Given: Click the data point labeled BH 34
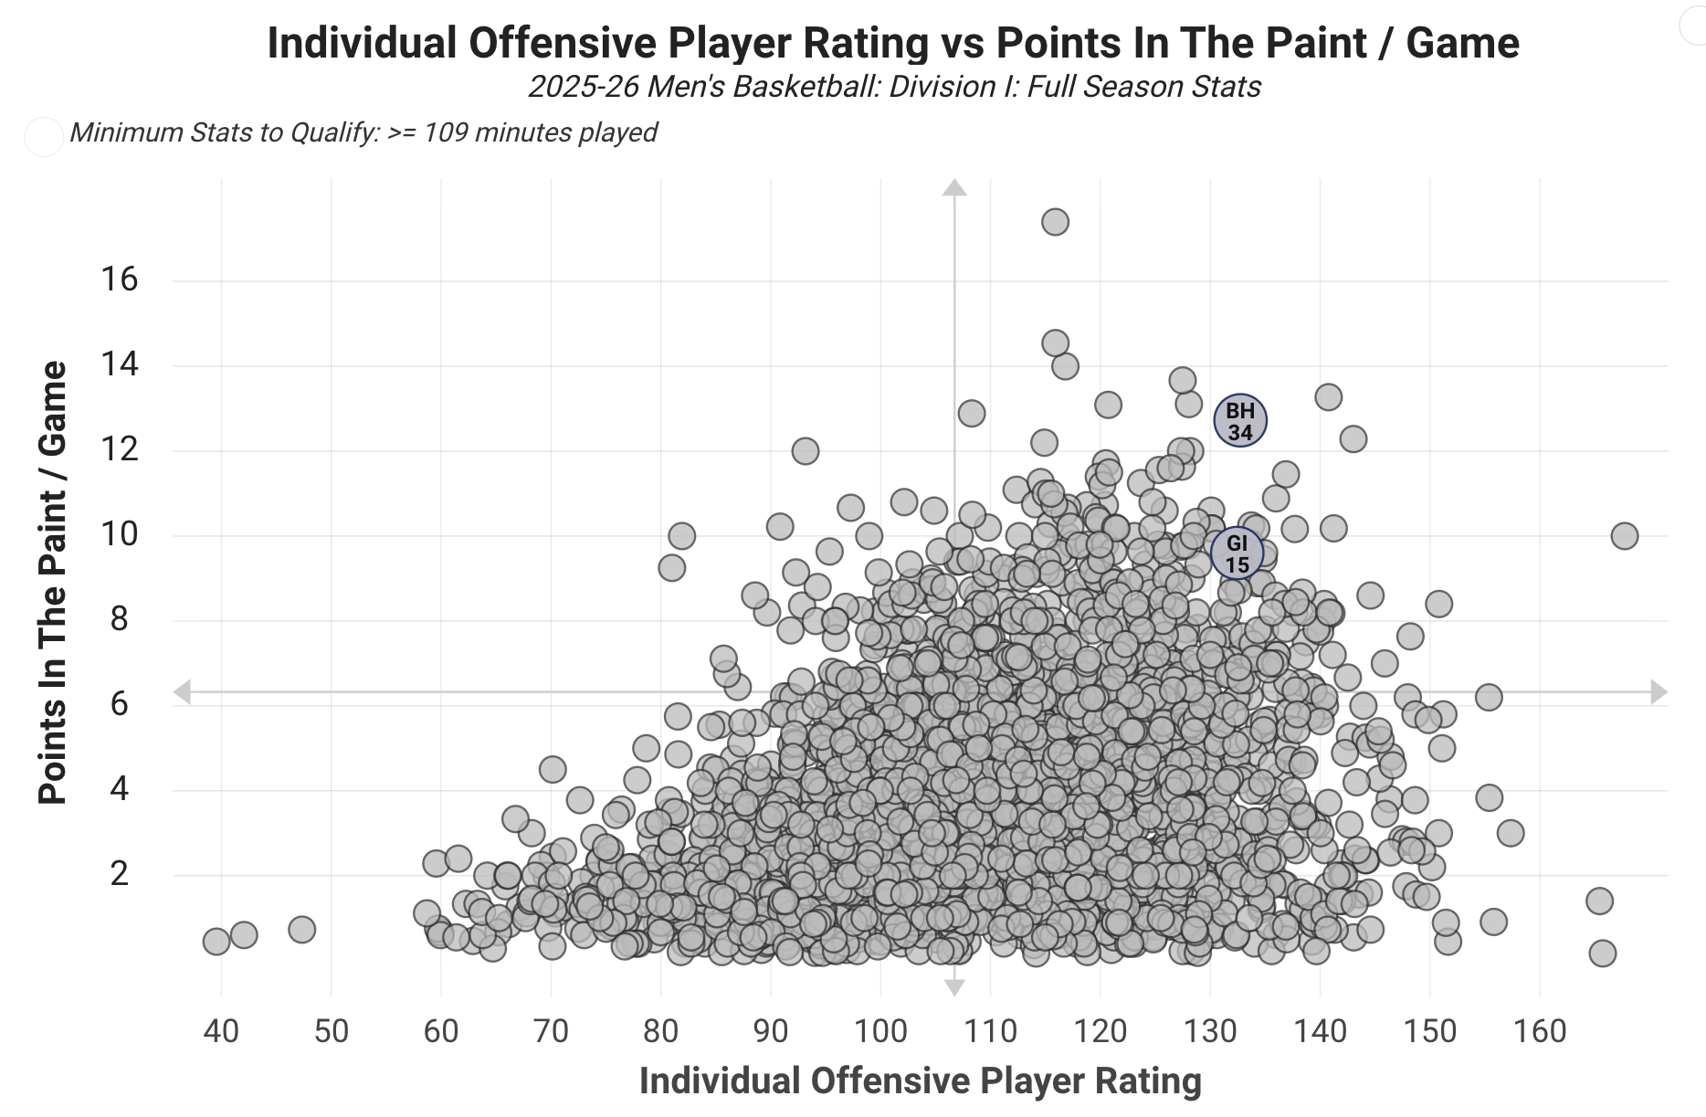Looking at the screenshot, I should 1239,421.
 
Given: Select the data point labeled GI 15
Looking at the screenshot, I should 1237,553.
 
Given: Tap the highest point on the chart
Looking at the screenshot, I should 1055,222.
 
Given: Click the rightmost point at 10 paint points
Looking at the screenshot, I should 1624,536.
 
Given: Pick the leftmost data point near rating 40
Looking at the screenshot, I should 216,942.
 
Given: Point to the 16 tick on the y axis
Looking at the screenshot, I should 120,279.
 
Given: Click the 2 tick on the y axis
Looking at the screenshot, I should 120,874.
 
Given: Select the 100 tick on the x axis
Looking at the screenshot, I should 880,1031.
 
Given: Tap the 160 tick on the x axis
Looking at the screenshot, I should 1540,1031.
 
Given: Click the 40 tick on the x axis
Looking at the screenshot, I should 221,1031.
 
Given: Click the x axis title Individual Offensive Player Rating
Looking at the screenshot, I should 920,1080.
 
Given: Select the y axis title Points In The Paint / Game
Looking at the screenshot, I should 54,583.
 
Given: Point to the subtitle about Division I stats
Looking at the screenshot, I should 894,87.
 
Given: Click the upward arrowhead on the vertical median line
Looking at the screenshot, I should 954,188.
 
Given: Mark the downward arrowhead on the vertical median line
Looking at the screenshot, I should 954,987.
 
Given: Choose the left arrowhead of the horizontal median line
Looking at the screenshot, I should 183,692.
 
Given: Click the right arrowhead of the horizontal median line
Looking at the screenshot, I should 1659,692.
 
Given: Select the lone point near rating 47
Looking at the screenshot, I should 301,930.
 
